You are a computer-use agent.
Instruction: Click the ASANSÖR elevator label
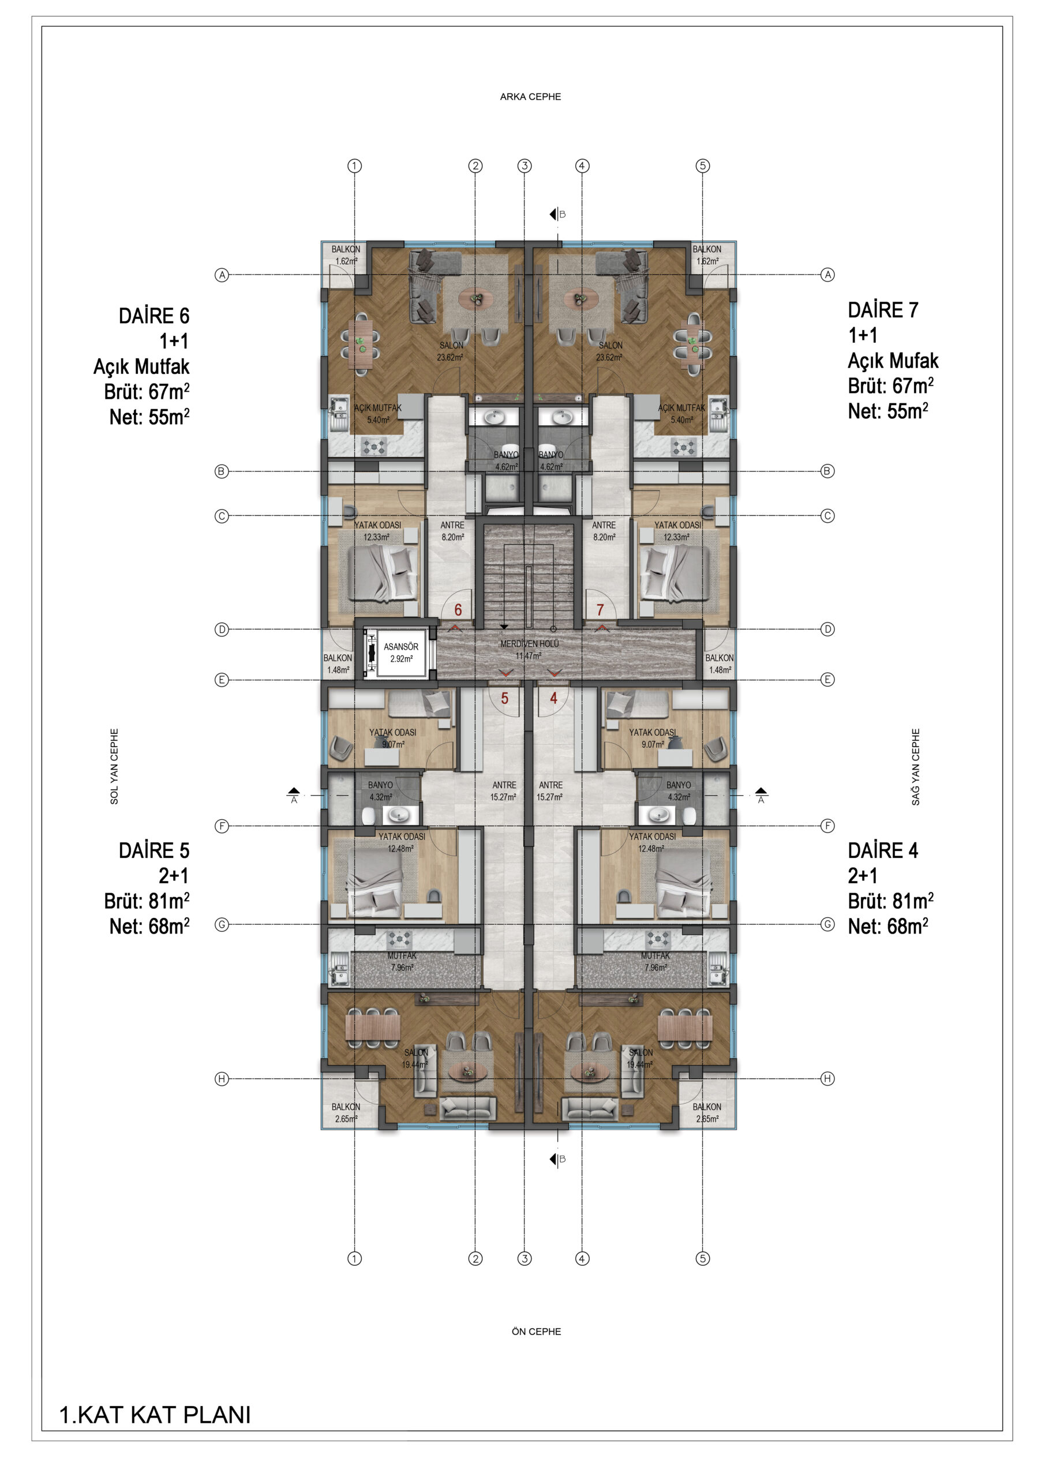point(401,647)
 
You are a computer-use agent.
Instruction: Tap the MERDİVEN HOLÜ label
point(530,643)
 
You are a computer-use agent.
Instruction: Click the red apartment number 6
point(458,610)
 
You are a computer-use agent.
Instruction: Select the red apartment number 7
point(600,610)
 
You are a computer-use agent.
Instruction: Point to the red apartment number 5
point(504,698)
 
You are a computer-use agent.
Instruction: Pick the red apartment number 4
point(553,698)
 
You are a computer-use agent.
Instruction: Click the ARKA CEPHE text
point(530,96)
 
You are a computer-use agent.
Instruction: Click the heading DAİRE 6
point(154,316)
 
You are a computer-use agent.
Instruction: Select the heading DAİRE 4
point(883,850)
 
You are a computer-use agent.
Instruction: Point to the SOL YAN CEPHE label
point(114,766)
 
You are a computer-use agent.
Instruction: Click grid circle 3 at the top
point(525,166)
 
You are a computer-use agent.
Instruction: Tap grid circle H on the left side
point(222,1079)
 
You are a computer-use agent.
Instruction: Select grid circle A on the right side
point(827,275)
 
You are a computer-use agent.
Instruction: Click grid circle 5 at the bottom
point(703,1258)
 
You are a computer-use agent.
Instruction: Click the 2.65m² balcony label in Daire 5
point(346,1119)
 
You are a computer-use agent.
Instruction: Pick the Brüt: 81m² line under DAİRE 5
point(147,901)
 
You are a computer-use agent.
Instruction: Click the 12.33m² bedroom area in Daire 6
point(376,537)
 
